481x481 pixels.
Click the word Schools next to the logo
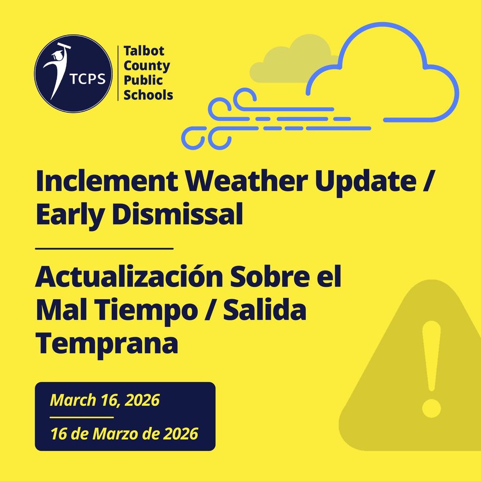pyautogui.click(x=148, y=95)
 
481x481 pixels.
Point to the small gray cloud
pyautogui.click(x=291, y=61)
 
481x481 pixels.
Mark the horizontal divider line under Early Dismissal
pyautogui.click(x=104, y=248)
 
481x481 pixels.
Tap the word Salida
pyautogui.click(x=264, y=311)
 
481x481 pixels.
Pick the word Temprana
pyautogui.click(x=107, y=344)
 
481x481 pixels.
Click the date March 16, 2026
pyautogui.click(x=105, y=400)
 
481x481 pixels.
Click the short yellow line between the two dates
pyautogui.click(x=82, y=417)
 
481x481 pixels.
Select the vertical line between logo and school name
pyautogui.click(x=117, y=73)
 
